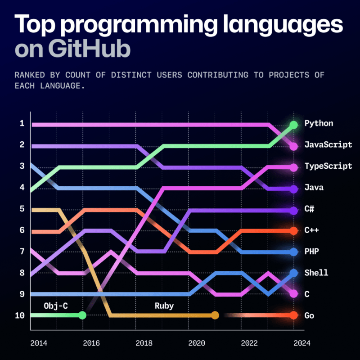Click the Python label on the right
pos(319,123)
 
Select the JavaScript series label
pos(328,145)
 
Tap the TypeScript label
pos(328,166)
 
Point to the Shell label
pos(316,273)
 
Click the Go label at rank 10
pos(310,315)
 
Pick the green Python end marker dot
pos(294,125)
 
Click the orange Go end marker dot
pos(294,315)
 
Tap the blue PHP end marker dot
pos(294,252)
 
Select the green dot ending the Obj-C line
pos(82,315)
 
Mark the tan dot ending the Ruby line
pos(215,315)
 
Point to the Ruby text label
pos(164,306)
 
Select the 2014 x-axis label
pos(39,343)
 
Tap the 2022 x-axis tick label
pos(250,343)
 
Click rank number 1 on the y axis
pos(21,124)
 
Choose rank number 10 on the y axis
pos(19,315)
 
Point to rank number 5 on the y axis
pos(21,209)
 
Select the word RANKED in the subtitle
pos(28,75)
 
